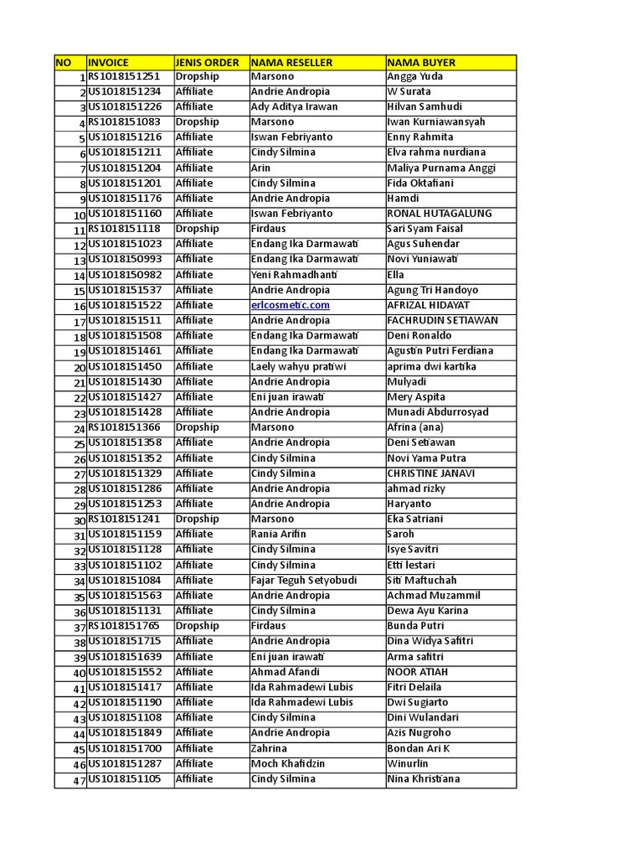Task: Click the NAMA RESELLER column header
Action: pos(291,62)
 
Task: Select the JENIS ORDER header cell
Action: pos(207,62)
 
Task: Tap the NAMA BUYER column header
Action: pos(421,62)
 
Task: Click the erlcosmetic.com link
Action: pos(290,305)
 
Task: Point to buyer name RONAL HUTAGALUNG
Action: pos(440,214)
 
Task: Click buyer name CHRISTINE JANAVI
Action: pos(430,473)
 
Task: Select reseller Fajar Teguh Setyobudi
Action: pos(304,580)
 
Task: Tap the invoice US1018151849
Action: pos(125,732)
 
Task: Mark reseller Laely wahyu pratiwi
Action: pos(298,366)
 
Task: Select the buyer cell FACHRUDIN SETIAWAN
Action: pos(442,320)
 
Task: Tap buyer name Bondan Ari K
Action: pos(418,748)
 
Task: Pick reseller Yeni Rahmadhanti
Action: pos(294,275)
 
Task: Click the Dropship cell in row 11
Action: pos(197,229)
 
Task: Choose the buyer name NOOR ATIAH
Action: pos(417,672)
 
